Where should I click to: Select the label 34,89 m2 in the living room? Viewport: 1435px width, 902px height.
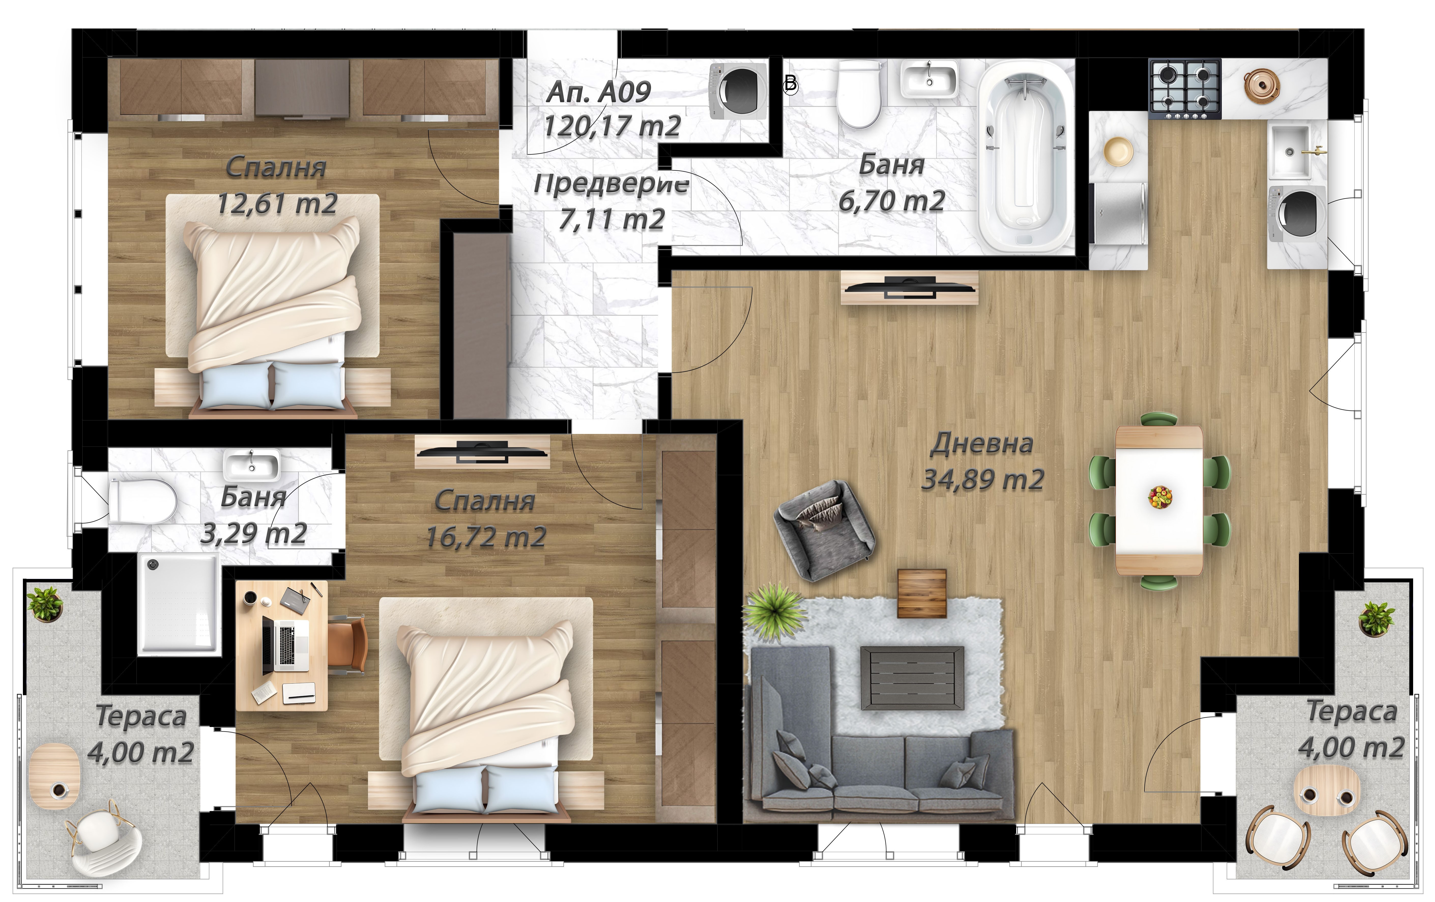[x=983, y=479]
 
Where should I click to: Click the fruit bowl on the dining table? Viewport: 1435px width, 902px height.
[x=1159, y=497]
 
